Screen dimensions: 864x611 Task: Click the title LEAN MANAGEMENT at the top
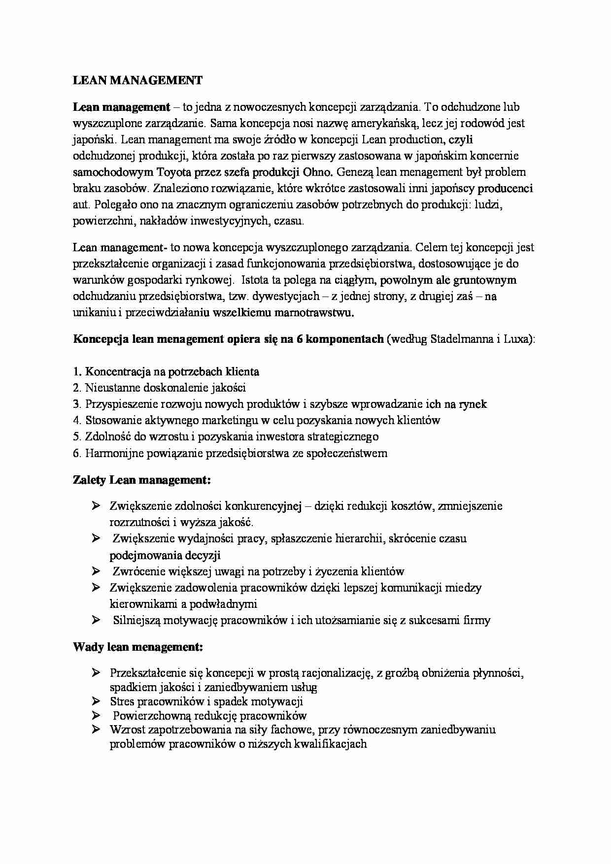click(137, 81)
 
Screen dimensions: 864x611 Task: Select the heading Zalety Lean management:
click(142, 479)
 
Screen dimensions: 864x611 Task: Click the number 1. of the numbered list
click(77, 372)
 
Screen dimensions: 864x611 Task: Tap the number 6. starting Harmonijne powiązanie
click(77, 453)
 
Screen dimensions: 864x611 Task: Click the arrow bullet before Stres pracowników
click(96, 701)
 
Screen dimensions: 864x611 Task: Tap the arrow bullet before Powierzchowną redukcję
click(96, 715)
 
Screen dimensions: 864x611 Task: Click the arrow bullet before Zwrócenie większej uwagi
click(96, 571)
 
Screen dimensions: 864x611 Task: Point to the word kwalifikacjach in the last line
click(330, 744)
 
